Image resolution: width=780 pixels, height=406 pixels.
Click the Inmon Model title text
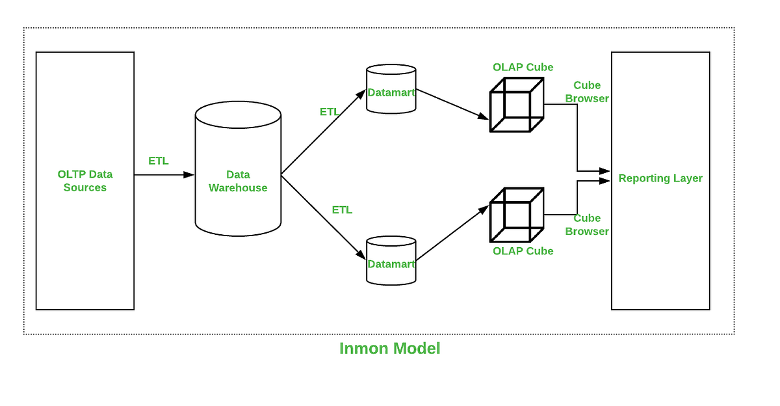click(x=389, y=349)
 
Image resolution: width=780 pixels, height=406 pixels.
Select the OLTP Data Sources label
click(x=85, y=181)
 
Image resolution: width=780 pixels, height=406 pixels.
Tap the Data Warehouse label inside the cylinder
click(x=238, y=181)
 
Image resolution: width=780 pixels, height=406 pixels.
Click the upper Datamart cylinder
click(x=391, y=90)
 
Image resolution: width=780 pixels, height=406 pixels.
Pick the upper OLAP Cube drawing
click(x=516, y=105)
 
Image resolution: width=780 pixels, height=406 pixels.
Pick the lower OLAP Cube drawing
click(x=516, y=215)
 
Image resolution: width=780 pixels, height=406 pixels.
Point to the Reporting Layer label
click(x=660, y=178)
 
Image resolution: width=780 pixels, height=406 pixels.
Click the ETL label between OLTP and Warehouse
click(x=159, y=161)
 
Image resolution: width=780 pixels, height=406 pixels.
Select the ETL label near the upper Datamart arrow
click(x=330, y=112)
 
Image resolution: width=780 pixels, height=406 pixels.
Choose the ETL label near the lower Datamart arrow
click(x=342, y=210)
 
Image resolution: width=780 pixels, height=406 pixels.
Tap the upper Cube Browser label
click(x=587, y=92)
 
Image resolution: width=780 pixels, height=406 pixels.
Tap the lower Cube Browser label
click(x=587, y=224)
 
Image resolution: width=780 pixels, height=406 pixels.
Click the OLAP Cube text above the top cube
click(x=523, y=67)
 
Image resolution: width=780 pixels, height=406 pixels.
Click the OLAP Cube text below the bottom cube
click(x=523, y=251)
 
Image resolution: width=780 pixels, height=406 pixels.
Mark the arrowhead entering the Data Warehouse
click(x=189, y=174)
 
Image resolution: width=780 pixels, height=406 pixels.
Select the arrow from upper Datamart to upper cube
click(x=452, y=104)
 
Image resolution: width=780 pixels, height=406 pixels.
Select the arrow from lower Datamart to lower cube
click(x=452, y=234)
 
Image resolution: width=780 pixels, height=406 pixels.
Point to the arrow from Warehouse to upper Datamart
click(x=323, y=132)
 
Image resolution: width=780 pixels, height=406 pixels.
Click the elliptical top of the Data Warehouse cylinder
click(x=238, y=115)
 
